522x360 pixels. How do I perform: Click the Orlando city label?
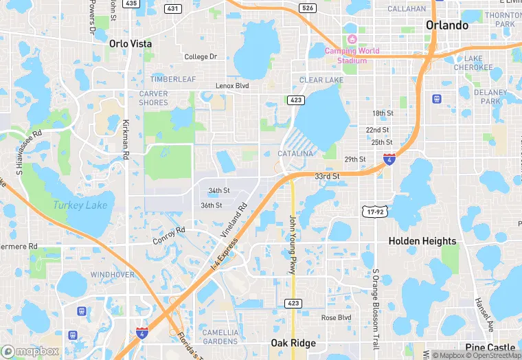446,25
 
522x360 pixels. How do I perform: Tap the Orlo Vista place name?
130,43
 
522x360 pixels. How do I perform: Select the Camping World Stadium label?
352,56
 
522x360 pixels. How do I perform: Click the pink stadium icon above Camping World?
352,38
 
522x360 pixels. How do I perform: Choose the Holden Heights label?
422,241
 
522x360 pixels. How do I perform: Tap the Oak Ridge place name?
293,344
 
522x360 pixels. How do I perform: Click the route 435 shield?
131,3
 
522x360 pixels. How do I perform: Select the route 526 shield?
308,8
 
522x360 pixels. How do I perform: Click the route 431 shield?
173,8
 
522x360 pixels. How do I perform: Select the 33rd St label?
328,177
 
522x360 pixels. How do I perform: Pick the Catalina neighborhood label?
295,153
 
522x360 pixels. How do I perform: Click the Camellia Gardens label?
220,337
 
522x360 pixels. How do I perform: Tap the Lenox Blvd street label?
231,86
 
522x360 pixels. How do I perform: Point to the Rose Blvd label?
336,317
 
